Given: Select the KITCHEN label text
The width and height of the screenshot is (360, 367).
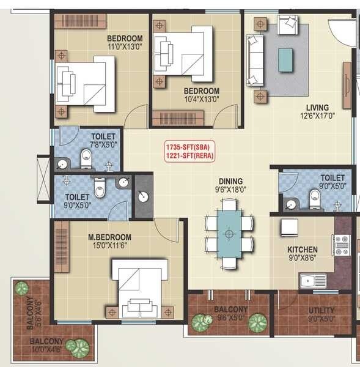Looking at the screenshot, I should tap(303, 250).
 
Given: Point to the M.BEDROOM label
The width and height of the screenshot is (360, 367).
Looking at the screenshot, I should tap(109, 237).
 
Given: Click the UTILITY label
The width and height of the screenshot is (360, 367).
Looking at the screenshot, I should tap(321, 310).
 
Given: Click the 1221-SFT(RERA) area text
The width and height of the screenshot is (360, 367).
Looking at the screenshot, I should tap(189, 155).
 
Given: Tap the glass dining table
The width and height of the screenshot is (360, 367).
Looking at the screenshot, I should tap(229, 233).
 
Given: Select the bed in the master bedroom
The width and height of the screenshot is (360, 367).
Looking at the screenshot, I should tap(139, 287).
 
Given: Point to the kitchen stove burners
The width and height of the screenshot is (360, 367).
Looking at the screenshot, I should tap(340, 245).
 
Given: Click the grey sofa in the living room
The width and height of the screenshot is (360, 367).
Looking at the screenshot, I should tap(254, 61).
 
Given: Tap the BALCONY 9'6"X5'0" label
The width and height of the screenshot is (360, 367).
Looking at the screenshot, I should tap(230, 313).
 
